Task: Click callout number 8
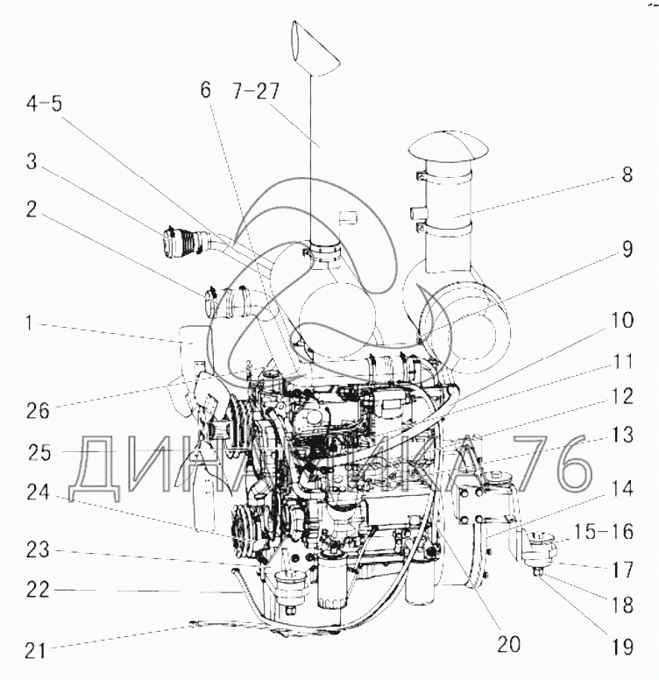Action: click(x=627, y=174)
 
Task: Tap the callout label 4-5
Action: click(x=44, y=104)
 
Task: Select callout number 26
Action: click(x=38, y=410)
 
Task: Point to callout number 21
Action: click(x=36, y=650)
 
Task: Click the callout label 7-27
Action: click(x=256, y=91)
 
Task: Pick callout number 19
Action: click(x=622, y=648)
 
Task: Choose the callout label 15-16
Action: click(x=604, y=532)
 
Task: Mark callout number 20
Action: click(x=508, y=645)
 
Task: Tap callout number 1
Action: click(x=29, y=323)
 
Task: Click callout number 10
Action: click(x=622, y=321)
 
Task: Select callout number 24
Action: click(x=39, y=492)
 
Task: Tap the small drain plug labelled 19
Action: click(x=536, y=572)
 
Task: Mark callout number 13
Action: click(x=622, y=435)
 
